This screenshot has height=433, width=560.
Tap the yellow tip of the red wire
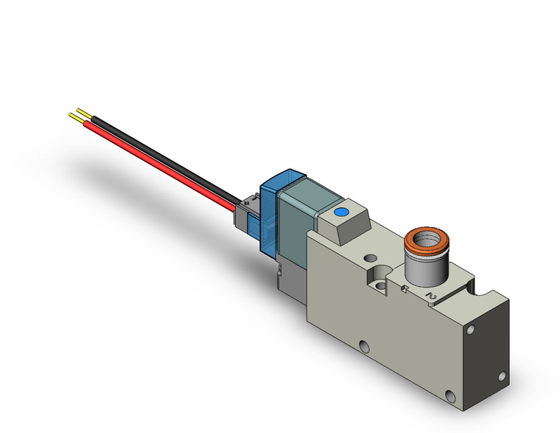(x=74, y=116)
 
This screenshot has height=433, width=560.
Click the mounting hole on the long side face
(x=363, y=345)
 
